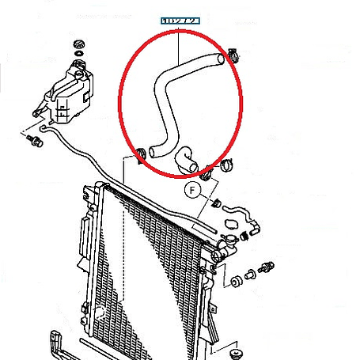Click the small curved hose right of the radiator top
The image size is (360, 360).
coord(241,218)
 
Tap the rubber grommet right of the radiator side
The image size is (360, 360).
coord(236,282)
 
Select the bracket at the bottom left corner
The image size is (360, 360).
coord(55,340)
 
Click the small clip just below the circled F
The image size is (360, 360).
coord(215,205)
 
